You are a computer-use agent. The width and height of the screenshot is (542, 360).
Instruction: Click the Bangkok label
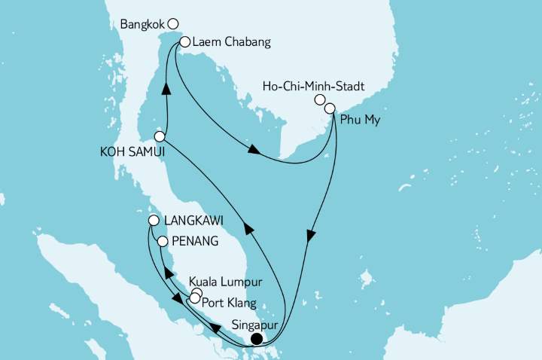[x=143, y=24]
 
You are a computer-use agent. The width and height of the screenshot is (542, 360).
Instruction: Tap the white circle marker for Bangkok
[x=173, y=23]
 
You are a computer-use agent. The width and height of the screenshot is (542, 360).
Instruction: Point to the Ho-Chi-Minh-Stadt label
[x=313, y=87]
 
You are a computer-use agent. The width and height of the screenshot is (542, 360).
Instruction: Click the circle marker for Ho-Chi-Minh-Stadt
[x=320, y=100]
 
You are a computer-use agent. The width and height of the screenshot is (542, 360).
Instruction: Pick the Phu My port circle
[x=330, y=109]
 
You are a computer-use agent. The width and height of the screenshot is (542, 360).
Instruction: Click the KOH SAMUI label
[x=123, y=151]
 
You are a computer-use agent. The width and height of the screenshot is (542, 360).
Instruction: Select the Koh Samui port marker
[x=160, y=136]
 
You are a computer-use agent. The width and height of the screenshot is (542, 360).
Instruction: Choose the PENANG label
[x=195, y=243]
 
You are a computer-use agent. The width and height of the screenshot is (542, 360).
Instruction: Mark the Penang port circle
[x=162, y=242]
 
